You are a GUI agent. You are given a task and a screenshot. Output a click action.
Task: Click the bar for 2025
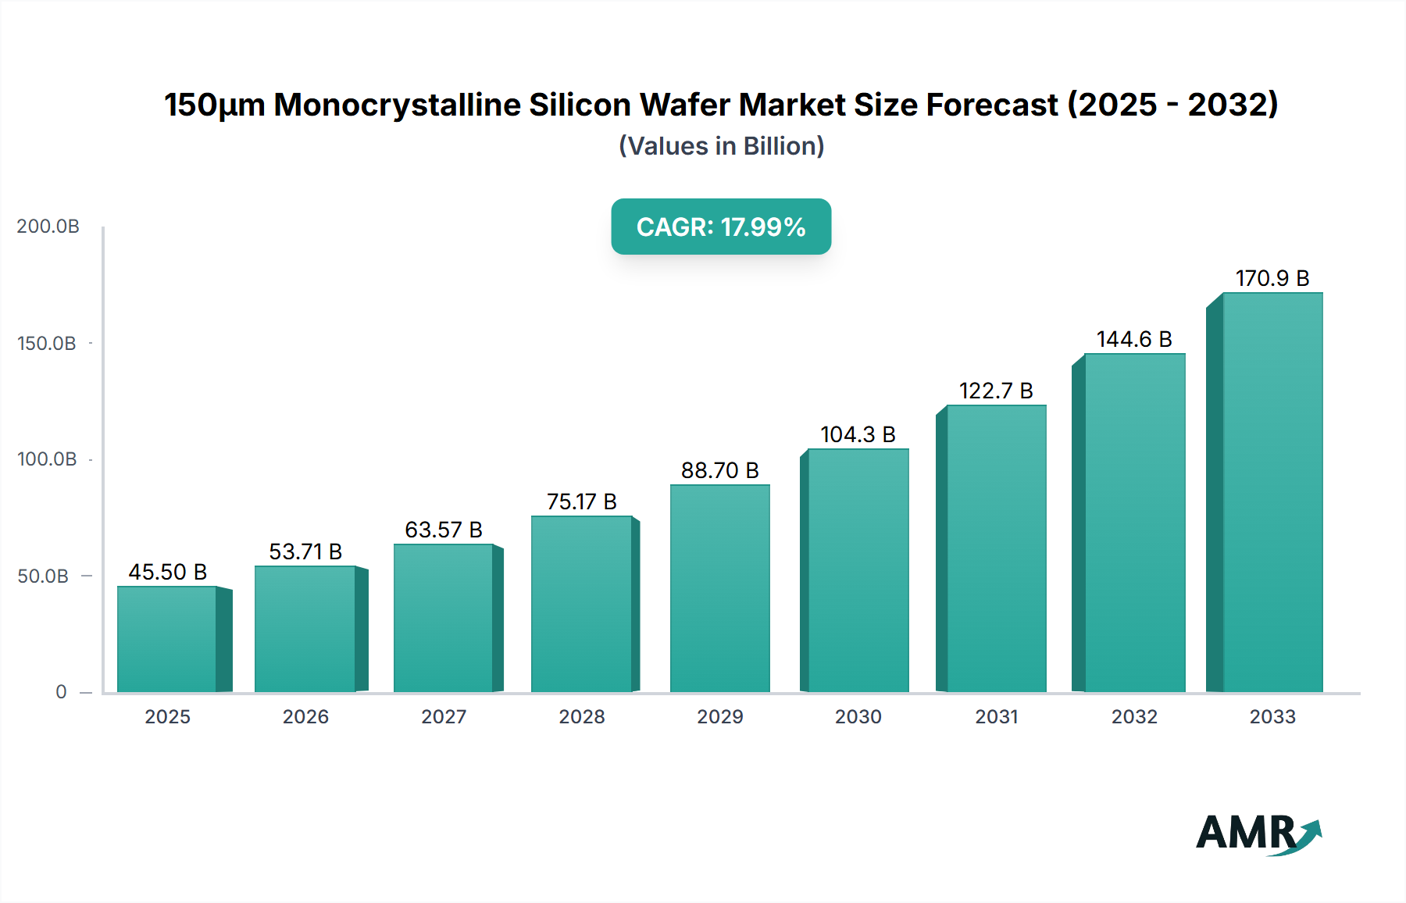point(167,639)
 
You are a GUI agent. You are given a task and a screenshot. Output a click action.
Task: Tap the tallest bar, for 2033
point(1272,492)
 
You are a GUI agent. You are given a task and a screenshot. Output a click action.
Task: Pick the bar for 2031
point(996,548)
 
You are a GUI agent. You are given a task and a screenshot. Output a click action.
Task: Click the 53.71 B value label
point(305,551)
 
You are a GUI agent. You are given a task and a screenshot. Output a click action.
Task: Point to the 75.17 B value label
point(581,501)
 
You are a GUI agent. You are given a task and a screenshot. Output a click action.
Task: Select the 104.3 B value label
point(858,434)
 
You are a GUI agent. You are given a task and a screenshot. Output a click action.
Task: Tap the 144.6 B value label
point(1134,339)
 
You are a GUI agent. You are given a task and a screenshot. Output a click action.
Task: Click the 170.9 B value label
point(1272,278)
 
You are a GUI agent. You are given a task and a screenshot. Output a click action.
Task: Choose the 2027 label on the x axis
point(444,716)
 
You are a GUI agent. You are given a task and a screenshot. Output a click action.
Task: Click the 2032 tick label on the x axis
point(1134,716)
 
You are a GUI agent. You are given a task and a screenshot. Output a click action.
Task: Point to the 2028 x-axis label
point(582,716)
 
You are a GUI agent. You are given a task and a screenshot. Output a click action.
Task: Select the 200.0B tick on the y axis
point(48,227)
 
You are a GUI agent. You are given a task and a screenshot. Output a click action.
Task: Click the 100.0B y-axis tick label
point(47,459)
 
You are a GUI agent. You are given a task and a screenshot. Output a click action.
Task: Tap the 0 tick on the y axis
point(61,692)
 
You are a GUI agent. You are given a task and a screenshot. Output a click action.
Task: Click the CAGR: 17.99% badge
point(721,227)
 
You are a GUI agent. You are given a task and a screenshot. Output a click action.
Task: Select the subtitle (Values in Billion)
point(721,146)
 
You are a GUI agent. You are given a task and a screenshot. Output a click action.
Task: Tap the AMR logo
point(1258,833)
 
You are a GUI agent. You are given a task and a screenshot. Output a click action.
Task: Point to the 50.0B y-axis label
point(43,576)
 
